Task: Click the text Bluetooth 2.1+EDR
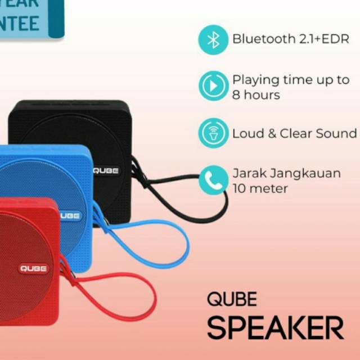(291, 39)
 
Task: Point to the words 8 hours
(256, 94)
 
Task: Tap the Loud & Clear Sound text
(294, 133)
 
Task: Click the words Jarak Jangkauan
(286, 173)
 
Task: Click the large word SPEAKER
(275, 327)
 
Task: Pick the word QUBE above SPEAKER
(232, 299)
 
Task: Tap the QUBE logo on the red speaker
(35, 268)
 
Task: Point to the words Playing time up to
(291, 79)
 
